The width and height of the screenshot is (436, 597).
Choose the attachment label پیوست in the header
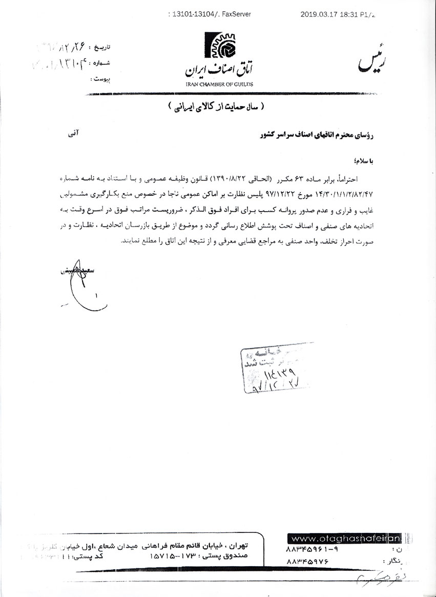[x=101, y=79]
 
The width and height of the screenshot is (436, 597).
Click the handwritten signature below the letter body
[x=77, y=287]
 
